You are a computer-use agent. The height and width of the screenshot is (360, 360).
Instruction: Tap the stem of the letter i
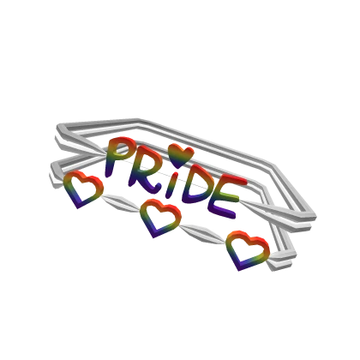tap(171, 189)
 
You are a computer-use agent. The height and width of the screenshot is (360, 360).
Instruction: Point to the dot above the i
tap(176, 174)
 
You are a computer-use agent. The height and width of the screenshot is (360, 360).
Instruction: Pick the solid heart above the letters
tap(181, 155)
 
